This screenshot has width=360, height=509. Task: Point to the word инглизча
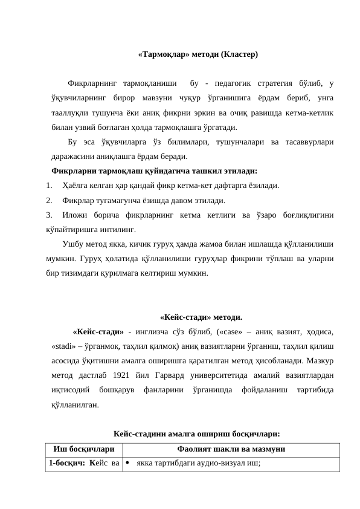[158, 331]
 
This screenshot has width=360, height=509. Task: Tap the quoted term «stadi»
[64, 346]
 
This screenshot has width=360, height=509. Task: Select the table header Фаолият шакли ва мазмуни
[231, 449]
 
